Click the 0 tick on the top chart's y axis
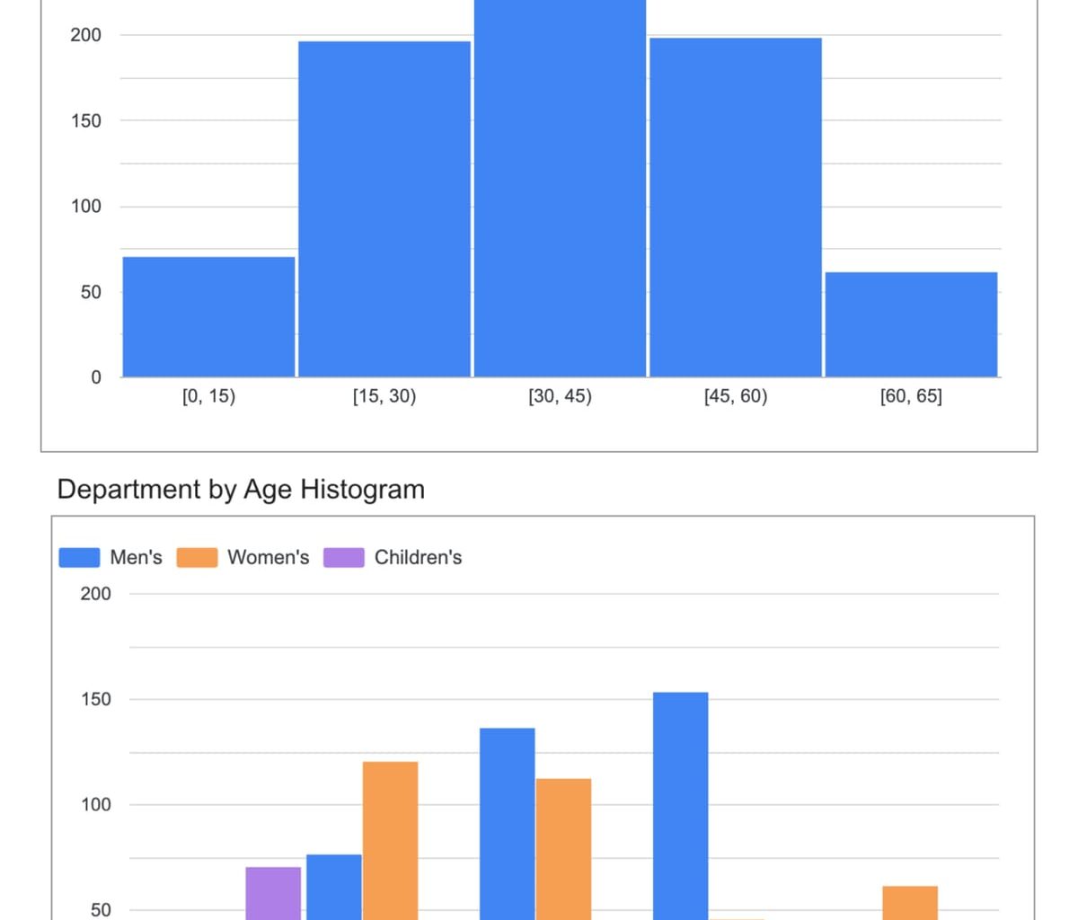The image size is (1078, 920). (x=96, y=377)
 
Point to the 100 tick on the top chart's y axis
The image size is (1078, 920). (x=87, y=207)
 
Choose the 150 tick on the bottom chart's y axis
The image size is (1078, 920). (x=96, y=699)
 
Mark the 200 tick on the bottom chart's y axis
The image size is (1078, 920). (x=96, y=594)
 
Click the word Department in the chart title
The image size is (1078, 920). (x=128, y=490)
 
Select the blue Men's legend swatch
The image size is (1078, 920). (x=79, y=558)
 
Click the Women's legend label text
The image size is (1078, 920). (x=268, y=558)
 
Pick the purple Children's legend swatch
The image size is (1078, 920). (x=343, y=558)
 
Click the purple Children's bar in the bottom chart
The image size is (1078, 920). (x=273, y=893)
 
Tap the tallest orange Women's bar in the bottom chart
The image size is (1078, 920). (x=390, y=840)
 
